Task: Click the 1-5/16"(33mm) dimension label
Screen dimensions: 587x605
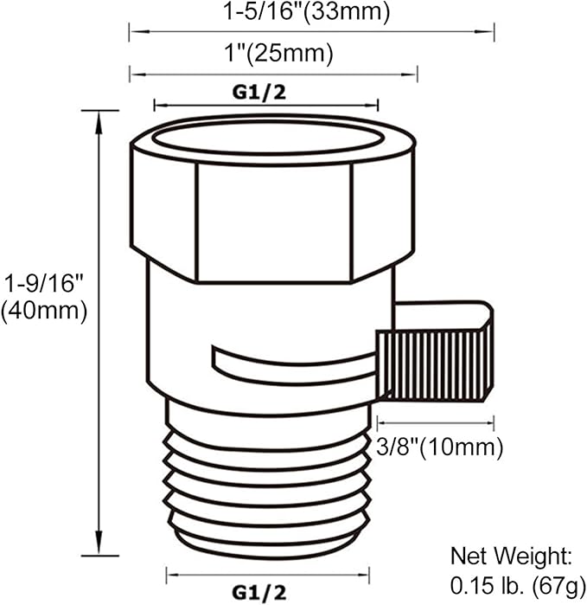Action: point(306,11)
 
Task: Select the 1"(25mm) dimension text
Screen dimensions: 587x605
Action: point(278,53)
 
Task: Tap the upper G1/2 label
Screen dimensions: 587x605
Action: point(259,93)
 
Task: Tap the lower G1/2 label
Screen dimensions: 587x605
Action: point(259,593)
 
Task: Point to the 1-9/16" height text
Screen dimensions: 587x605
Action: point(43,284)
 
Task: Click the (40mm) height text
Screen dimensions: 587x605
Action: point(43,311)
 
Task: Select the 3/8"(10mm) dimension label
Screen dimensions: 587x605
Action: point(440,447)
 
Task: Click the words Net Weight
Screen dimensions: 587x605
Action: point(512,556)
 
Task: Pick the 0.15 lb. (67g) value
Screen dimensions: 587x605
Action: point(518,587)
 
